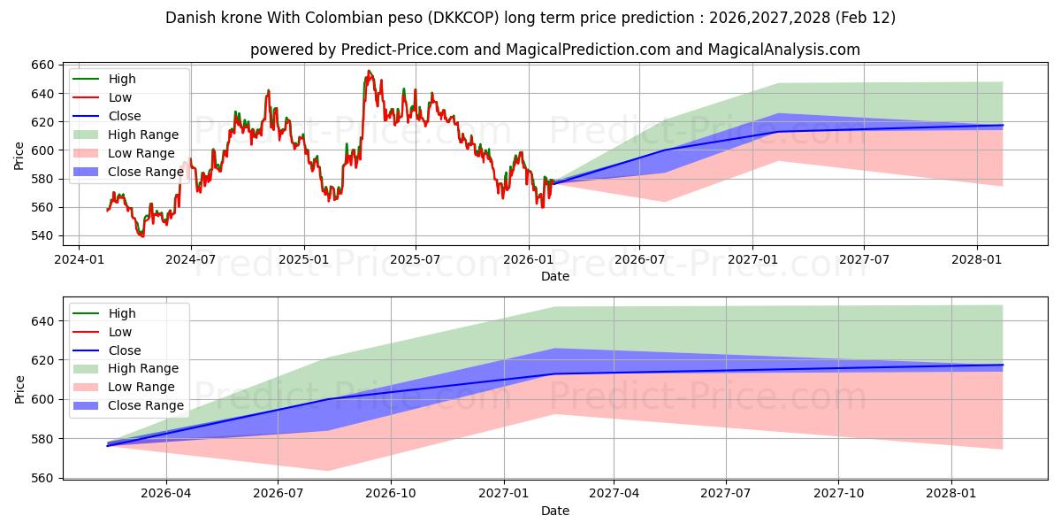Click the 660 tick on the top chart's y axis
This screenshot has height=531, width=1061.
tap(43, 65)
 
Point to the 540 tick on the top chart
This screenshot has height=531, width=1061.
tap(43, 235)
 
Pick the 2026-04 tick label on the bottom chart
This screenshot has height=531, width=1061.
tap(165, 493)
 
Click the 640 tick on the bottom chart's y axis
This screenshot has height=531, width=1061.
tap(43, 321)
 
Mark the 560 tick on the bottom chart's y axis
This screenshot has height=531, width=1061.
tap(43, 478)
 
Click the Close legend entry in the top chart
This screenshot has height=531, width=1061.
tap(125, 116)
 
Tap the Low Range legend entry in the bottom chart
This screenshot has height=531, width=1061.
tap(141, 387)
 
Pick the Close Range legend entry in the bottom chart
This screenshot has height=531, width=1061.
tap(146, 405)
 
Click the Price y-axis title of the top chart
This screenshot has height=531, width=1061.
tap(19, 155)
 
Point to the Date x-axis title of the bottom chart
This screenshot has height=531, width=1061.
tap(555, 511)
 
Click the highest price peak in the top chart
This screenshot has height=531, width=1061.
tap(369, 71)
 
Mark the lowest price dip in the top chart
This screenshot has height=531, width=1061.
tap(141, 236)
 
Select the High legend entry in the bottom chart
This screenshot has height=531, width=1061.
tap(122, 313)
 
